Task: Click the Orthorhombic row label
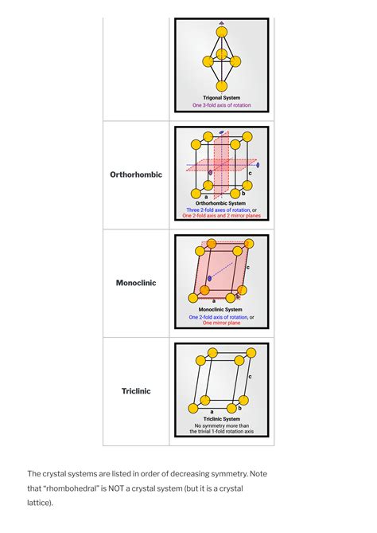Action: pos(136,174)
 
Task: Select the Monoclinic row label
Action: pos(136,283)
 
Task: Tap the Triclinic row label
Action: pos(136,391)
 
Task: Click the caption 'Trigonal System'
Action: pos(221,97)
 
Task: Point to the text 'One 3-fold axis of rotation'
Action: pos(221,105)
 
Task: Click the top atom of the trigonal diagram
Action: pos(221,33)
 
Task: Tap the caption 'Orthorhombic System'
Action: pos(221,202)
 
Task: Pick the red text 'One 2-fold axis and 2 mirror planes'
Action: pos(221,216)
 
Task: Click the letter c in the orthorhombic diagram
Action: pos(251,173)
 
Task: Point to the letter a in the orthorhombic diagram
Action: pos(207,196)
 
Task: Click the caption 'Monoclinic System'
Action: pos(221,310)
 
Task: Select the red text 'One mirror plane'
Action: pos(221,323)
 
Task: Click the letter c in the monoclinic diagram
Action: pos(248,268)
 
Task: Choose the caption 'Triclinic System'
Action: pos(221,418)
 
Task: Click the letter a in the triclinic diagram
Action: pos(212,411)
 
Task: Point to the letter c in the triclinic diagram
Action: pos(250,375)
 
